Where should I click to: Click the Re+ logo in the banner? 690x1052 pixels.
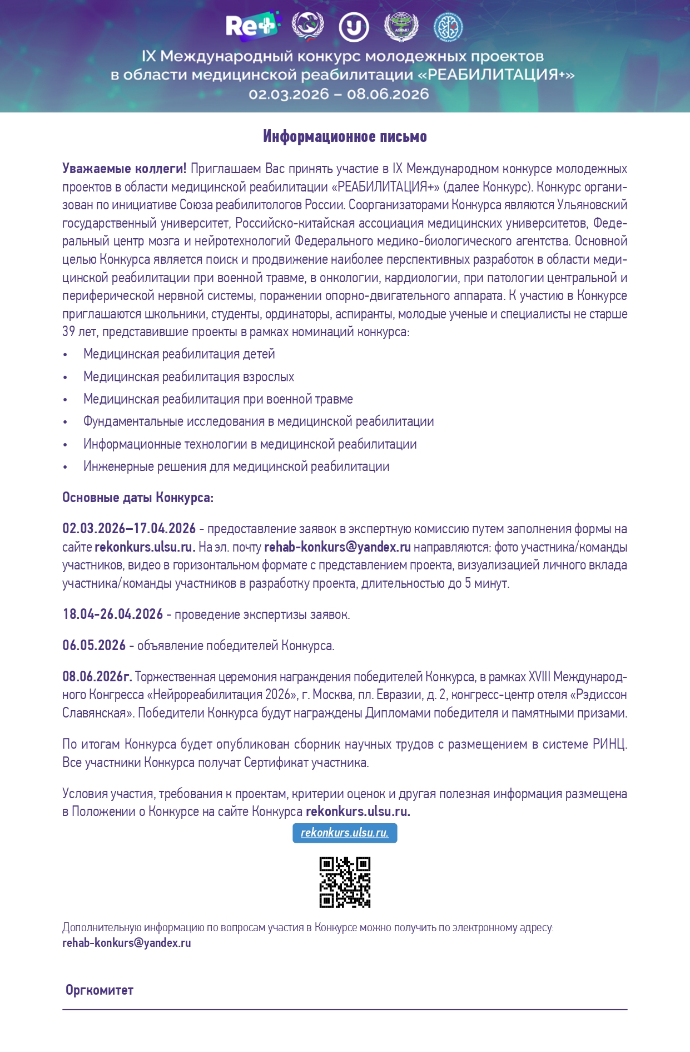(251, 26)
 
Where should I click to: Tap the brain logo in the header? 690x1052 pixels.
(448, 27)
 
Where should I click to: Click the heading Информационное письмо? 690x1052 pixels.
(345, 136)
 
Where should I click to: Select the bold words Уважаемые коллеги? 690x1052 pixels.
(125, 169)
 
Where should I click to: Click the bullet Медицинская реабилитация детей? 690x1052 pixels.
(179, 354)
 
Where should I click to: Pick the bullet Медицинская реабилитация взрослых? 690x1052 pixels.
(188, 377)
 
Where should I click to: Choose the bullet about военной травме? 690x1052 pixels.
(218, 399)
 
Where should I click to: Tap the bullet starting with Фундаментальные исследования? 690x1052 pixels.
(259, 421)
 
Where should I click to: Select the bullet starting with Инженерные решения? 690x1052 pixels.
(236, 466)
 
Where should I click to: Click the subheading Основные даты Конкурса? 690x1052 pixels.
(138, 498)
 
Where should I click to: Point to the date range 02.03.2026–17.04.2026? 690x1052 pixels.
(129, 529)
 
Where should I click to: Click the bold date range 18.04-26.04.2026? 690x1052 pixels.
(113, 615)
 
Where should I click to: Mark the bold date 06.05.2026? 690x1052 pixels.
(94, 646)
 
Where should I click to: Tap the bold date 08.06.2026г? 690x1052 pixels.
(97, 677)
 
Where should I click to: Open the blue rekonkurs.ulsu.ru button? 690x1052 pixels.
(345, 833)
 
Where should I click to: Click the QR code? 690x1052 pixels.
(345, 882)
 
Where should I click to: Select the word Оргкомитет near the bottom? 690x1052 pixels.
(100, 990)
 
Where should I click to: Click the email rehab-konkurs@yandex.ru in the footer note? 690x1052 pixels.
(127, 943)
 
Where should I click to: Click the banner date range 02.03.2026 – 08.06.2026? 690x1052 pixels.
(339, 94)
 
